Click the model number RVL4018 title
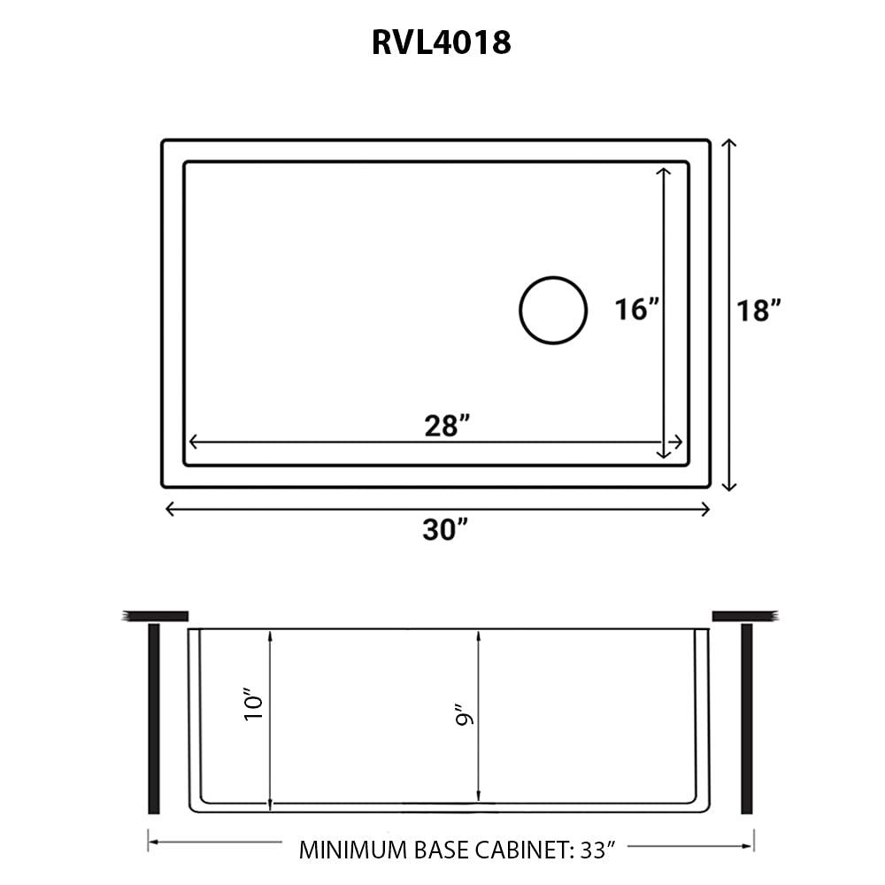[x=441, y=42]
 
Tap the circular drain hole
[x=553, y=309]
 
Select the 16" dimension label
[x=637, y=310]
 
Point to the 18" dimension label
[x=759, y=311]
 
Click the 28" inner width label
[x=445, y=426]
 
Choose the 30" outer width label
[x=445, y=530]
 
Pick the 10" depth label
[x=254, y=705]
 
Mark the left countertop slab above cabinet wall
[x=156, y=616]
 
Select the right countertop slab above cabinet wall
[x=744, y=616]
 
